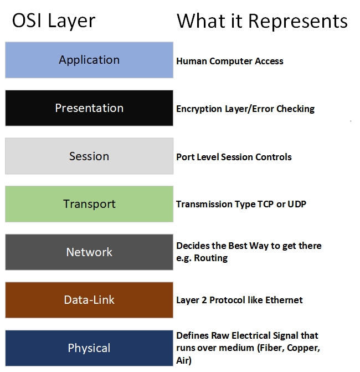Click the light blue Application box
(x=89, y=60)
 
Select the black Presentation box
(x=89, y=108)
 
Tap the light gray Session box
(x=89, y=156)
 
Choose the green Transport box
(x=89, y=204)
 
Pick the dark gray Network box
(x=89, y=252)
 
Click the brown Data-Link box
(x=89, y=300)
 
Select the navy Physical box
(x=89, y=348)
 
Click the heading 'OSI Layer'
(x=54, y=21)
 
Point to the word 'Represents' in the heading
(x=298, y=22)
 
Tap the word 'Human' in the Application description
(x=192, y=61)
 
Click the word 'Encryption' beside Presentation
(x=199, y=109)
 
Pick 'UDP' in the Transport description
(x=297, y=204)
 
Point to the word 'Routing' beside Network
(x=211, y=258)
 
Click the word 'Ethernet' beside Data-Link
(x=284, y=300)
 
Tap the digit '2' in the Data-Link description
(x=204, y=300)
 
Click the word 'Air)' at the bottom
(x=184, y=360)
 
